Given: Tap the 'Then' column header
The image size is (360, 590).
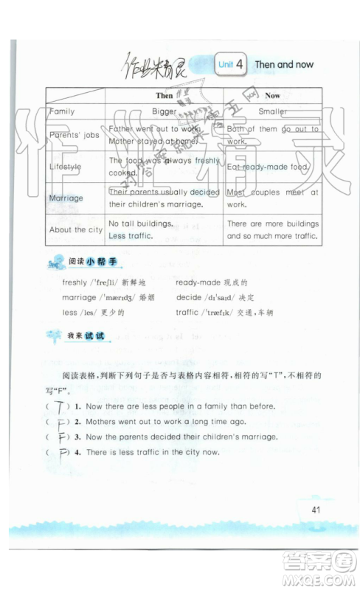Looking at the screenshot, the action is [x=164, y=96].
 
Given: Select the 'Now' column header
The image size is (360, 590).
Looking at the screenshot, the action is [x=272, y=96].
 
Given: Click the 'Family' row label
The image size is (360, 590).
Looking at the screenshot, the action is [x=62, y=111].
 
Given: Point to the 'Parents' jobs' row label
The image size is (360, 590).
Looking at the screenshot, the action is [x=74, y=135].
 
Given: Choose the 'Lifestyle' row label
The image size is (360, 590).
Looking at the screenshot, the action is [x=66, y=167].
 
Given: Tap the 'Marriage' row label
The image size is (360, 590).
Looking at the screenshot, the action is [x=66, y=198].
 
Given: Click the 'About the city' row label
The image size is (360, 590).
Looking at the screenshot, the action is [x=76, y=229].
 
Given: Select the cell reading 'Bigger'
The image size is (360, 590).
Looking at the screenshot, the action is [x=164, y=111].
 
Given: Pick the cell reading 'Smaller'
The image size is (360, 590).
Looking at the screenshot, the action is [x=272, y=111].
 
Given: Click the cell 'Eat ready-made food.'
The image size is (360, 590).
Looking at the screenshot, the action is [x=266, y=167].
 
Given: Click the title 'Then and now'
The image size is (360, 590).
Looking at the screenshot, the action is [x=284, y=65].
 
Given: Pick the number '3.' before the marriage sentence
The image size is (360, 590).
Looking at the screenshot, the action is [x=77, y=437].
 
